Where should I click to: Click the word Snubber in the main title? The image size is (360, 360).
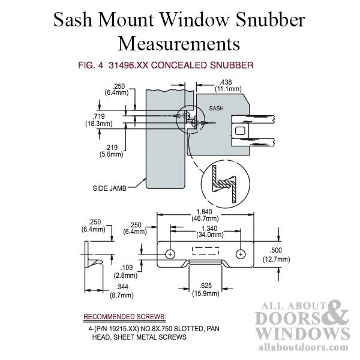[x=271, y=20]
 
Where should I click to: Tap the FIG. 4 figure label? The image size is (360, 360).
[x=91, y=65]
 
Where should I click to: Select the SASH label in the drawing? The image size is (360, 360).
[x=216, y=109]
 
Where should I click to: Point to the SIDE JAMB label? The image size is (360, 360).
[x=110, y=188]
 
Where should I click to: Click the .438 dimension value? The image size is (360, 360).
[x=226, y=82]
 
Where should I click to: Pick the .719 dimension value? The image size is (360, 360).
[x=98, y=116]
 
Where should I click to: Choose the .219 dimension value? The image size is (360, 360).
[x=111, y=148]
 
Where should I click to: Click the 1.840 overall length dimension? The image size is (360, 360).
[x=205, y=211]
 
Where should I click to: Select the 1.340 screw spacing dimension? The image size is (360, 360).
[x=209, y=229]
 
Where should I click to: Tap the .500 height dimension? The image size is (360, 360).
[x=275, y=250]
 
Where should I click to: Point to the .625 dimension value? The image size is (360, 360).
[x=205, y=286]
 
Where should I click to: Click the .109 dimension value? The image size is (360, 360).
[x=127, y=268]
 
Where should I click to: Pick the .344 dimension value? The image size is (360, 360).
[x=122, y=287]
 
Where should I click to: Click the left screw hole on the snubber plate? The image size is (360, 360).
[x=170, y=254]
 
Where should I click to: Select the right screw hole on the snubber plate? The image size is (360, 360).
[x=241, y=254]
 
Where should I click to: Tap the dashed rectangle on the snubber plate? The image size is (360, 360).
[x=205, y=251]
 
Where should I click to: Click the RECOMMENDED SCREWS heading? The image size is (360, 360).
[x=124, y=317]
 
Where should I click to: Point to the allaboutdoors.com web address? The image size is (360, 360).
[x=303, y=347]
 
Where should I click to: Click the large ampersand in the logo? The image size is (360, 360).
[x=335, y=313]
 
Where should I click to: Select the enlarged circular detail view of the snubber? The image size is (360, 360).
[x=225, y=184]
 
